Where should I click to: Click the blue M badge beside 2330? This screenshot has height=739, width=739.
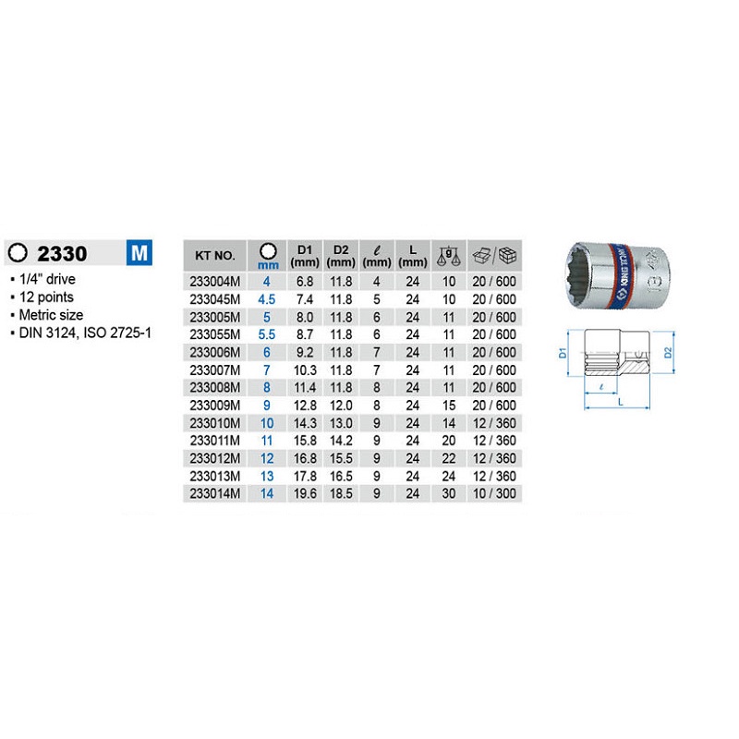click(139, 252)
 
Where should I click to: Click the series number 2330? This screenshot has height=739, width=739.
click(62, 253)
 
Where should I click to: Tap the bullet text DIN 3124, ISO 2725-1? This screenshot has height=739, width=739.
click(85, 333)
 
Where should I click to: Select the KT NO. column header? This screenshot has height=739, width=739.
click(215, 256)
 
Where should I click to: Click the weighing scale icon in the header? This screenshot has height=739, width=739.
click(449, 256)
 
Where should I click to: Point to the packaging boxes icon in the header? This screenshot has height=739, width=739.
click(494, 256)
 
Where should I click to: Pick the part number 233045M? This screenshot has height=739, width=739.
click(215, 299)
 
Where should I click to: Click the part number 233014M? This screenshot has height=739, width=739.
click(215, 493)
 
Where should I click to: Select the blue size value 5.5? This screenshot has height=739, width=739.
click(267, 334)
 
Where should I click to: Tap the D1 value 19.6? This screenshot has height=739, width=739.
click(305, 493)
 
